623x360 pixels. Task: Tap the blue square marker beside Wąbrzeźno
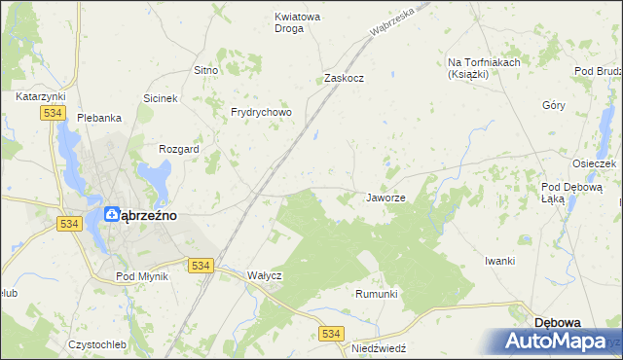[x=112, y=216]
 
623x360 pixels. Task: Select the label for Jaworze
[x=385, y=198]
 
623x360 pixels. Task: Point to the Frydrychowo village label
[x=261, y=112]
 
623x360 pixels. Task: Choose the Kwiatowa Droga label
[x=289, y=22]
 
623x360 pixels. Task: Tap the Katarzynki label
[x=40, y=97]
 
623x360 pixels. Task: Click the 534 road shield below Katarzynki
[x=53, y=114]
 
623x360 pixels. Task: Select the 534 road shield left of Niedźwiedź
[x=332, y=333]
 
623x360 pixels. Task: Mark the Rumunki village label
[x=377, y=294]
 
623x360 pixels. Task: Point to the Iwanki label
[x=499, y=261]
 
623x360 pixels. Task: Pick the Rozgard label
[x=179, y=149]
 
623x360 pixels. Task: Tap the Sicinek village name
[x=161, y=98]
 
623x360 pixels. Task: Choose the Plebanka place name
[x=99, y=118]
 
